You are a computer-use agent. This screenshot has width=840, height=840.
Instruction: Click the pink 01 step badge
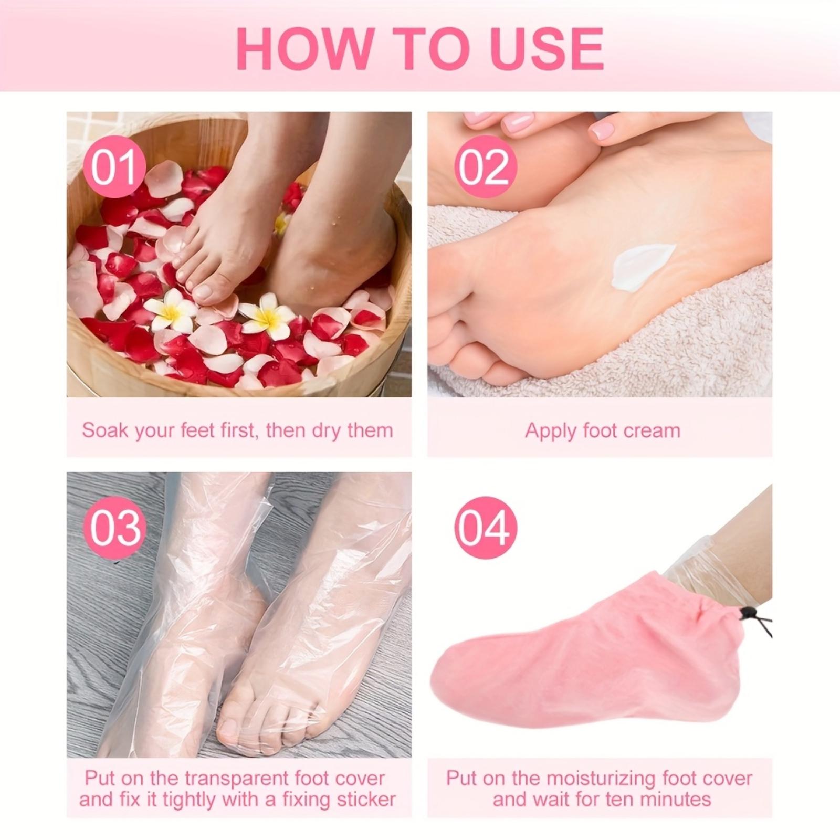(114, 166)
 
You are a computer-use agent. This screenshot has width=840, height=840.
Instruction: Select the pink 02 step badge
(486, 166)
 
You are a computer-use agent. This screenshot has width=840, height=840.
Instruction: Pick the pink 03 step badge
(114, 528)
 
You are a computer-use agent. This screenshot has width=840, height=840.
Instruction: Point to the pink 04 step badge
(486, 528)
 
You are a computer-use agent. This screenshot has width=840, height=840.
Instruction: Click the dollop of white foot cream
(642, 266)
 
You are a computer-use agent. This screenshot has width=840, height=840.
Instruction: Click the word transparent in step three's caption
(241, 778)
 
